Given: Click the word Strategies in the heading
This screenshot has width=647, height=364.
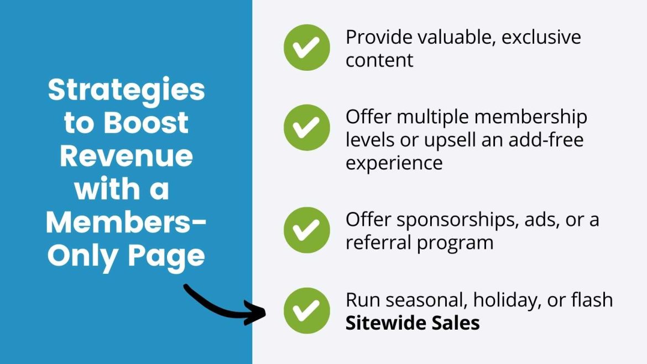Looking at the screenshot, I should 126,90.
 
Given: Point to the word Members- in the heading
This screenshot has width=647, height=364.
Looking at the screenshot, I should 126,222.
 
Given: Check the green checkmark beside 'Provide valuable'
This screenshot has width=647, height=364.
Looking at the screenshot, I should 306,47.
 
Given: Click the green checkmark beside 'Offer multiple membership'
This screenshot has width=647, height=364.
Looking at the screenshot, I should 306,128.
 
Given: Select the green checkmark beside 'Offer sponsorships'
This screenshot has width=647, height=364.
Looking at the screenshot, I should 306,230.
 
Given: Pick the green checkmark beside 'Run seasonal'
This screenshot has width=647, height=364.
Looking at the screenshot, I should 306,310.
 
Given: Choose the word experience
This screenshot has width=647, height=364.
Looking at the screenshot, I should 394,163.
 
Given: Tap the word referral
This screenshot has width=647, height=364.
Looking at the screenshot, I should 374,242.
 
